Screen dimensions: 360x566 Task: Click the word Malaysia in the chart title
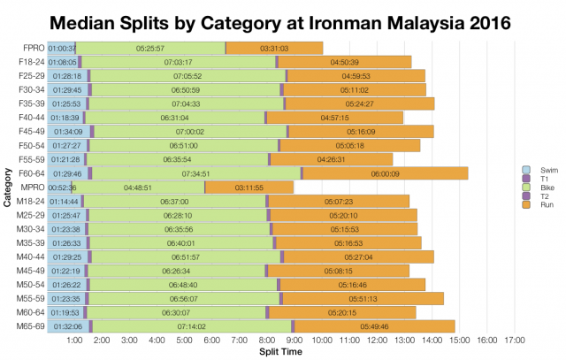tap(399, 20)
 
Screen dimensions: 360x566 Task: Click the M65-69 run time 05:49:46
tap(375, 326)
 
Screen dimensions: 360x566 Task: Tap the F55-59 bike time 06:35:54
tap(177, 159)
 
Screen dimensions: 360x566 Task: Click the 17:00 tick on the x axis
tap(515, 341)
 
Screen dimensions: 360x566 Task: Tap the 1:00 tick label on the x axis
tap(74, 341)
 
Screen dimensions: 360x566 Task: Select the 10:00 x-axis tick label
tap(322, 341)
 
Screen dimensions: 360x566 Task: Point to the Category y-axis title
tap(7, 187)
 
